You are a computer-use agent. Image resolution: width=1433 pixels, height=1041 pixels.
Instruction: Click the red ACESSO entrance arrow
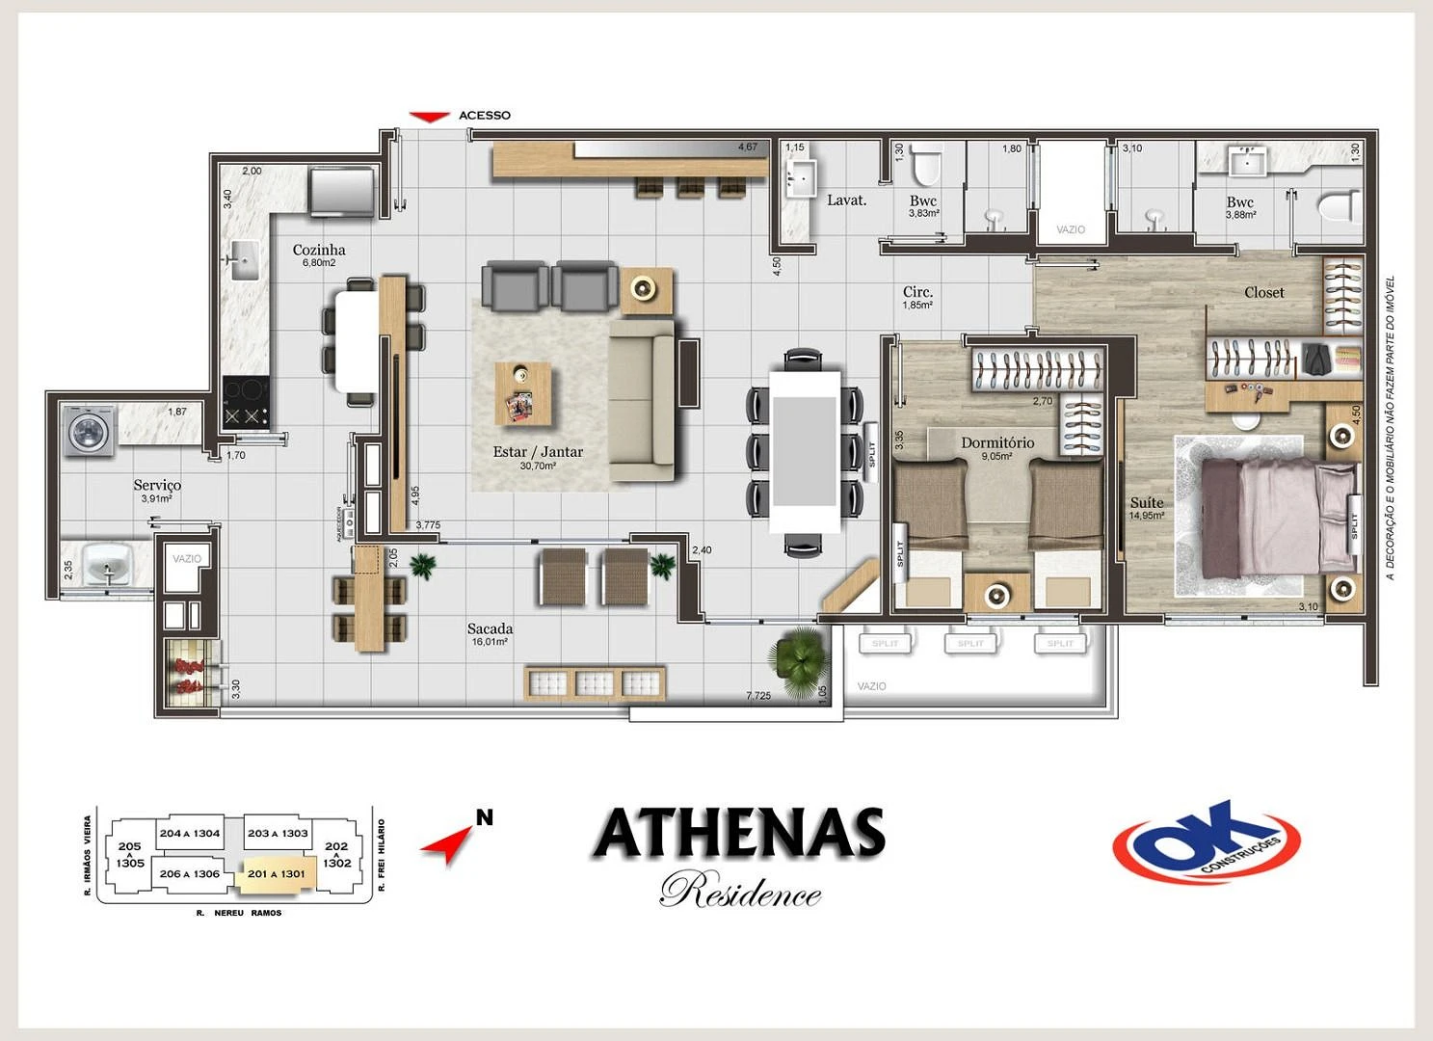click(429, 117)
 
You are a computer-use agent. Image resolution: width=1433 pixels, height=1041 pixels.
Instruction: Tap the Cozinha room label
click(319, 250)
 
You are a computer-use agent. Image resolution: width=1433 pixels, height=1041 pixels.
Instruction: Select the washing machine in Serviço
click(90, 430)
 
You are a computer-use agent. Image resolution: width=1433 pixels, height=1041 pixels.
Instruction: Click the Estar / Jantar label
click(538, 451)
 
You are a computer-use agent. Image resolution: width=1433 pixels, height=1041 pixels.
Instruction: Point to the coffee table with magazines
click(523, 392)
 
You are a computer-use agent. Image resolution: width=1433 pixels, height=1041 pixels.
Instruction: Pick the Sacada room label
click(490, 628)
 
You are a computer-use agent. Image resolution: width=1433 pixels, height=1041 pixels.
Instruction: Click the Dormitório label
click(997, 442)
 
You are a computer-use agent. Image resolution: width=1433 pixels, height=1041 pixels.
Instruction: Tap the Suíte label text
click(1147, 502)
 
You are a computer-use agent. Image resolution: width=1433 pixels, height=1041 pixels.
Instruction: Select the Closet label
click(1263, 292)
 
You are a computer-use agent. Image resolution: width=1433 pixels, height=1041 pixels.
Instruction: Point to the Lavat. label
click(846, 200)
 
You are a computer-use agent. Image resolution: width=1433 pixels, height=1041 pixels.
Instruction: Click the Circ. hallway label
click(917, 291)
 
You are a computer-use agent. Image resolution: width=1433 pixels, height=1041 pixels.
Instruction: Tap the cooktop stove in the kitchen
click(246, 402)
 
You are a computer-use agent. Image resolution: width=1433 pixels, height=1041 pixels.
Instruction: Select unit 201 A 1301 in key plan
click(277, 873)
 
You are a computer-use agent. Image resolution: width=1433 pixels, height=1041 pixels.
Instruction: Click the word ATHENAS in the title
click(738, 833)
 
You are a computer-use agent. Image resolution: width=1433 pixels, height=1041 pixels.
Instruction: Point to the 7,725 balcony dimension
click(758, 695)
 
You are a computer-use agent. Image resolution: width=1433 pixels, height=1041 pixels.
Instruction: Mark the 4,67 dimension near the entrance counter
click(748, 147)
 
